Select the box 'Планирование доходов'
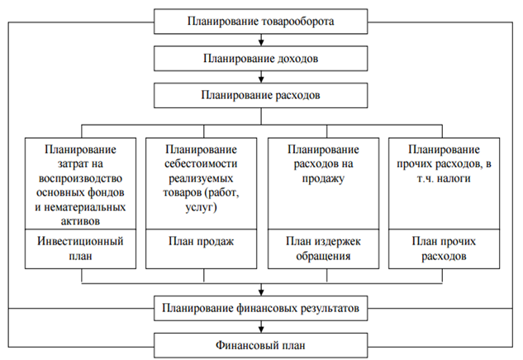tap(260, 59)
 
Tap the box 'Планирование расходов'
tap(260, 96)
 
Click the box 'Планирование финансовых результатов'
tap(260, 310)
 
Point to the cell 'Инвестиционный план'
tap(81, 249)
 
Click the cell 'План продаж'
tap(202, 242)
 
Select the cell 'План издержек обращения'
tap(322, 249)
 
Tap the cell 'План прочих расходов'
tap(444, 249)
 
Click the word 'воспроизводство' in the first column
tap(81, 178)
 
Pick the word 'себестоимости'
tap(202, 164)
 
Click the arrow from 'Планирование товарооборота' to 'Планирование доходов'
tap(260, 39)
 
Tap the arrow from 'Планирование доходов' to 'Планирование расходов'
tap(260, 77)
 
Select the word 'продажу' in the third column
tap(322, 178)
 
